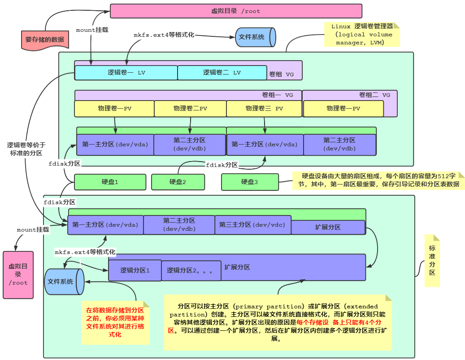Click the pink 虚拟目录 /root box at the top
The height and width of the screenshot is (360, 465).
pyautogui.click(x=236, y=11)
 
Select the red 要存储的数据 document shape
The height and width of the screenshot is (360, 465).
pyautogui.click(x=44, y=40)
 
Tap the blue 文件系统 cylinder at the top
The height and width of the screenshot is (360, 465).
pyautogui.click(x=254, y=37)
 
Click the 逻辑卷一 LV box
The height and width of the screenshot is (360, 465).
pyautogui.click(x=126, y=73)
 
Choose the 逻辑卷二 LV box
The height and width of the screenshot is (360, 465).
pyautogui.click(x=222, y=73)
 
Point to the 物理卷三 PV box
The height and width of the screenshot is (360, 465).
pyautogui.click(x=264, y=109)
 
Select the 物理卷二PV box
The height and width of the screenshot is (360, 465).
pyautogui.click(x=190, y=109)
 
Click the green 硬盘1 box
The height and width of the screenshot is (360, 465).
pyautogui.click(x=110, y=182)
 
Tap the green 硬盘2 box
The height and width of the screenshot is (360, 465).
pyautogui.click(x=178, y=182)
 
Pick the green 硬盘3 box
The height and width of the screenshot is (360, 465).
pyautogui.click(x=249, y=182)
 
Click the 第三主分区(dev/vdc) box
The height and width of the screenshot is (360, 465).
pyautogui.click(x=252, y=225)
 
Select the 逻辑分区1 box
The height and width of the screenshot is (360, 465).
pyautogui.click(x=135, y=271)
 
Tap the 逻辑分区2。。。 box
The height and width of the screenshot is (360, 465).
pyautogui.click(x=190, y=271)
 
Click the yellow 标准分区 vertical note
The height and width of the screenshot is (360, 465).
pyautogui.click(x=432, y=260)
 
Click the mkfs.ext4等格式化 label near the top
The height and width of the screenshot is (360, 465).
pyautogui.click(x=164, y=35)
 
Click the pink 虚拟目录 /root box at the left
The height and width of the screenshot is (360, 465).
pyautogui.click(x=18, y=275)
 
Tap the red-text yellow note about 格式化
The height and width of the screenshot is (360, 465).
pyautogui.click(x=115, y=323)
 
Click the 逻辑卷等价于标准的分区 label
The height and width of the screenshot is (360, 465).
pyautogui.click(x=26, y=149)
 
